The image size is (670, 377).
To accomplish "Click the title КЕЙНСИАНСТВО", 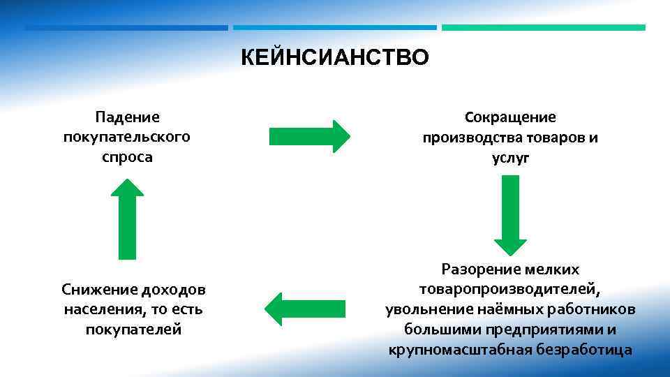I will (335, 57).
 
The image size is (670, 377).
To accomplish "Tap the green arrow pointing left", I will (306, 309).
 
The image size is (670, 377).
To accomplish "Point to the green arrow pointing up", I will (127, 219).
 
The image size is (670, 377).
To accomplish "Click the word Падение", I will (127, 117).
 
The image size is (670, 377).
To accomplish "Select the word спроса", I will (127, 156).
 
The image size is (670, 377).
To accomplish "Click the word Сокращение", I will (510, 117).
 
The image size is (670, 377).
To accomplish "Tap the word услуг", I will (510, 158).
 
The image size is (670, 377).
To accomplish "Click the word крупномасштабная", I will (457, 349).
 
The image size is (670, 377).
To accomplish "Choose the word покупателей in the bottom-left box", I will (133, 329).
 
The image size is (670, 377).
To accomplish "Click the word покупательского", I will (127, 137).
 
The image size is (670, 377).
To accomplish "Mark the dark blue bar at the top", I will (126, 28).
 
